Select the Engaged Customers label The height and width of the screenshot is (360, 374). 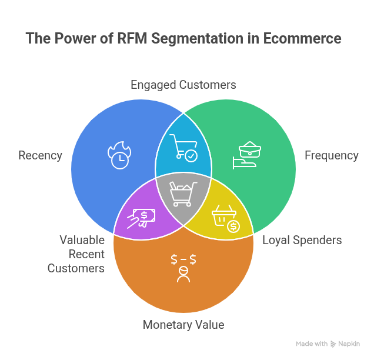[183, 85]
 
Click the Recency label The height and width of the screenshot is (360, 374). [40, 155]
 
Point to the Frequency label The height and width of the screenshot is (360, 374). [331, 155]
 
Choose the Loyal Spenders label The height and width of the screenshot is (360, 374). [302, 240]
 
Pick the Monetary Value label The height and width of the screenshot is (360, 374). [183, 325]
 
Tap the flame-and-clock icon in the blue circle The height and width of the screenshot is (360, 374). [118, 154]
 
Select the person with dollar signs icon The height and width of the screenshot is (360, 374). [183, 268]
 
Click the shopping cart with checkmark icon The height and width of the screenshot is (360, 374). [183, 148]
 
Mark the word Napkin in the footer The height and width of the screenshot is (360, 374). [349, 344]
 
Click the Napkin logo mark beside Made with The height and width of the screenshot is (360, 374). [333, 344]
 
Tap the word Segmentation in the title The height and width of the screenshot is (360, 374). [205, 38]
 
